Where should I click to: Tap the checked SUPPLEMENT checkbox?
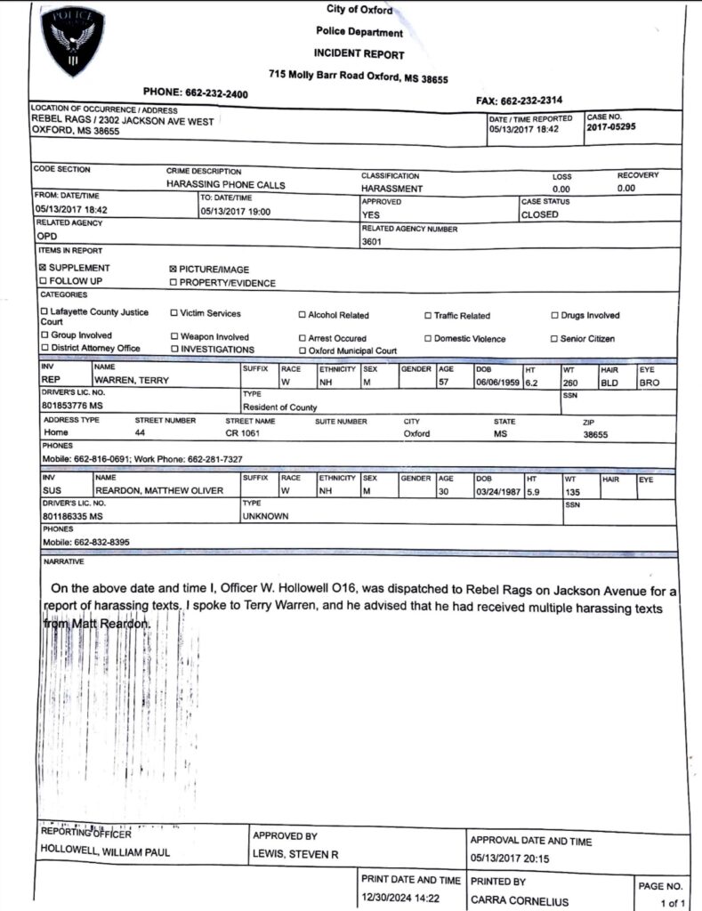[x=42, y=268]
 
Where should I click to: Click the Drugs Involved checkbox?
[x=554, y=316]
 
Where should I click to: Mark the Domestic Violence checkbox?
[x=428, y=339]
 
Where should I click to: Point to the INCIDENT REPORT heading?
[x=359, y=54]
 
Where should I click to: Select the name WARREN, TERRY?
[x=132, y=380]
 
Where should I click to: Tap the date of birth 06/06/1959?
[x=498, y=382]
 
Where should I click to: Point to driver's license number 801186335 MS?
[x=72, y=516]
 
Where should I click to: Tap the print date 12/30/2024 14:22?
[x=399, y=898]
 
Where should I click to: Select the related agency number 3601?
[x=371, y=242]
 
